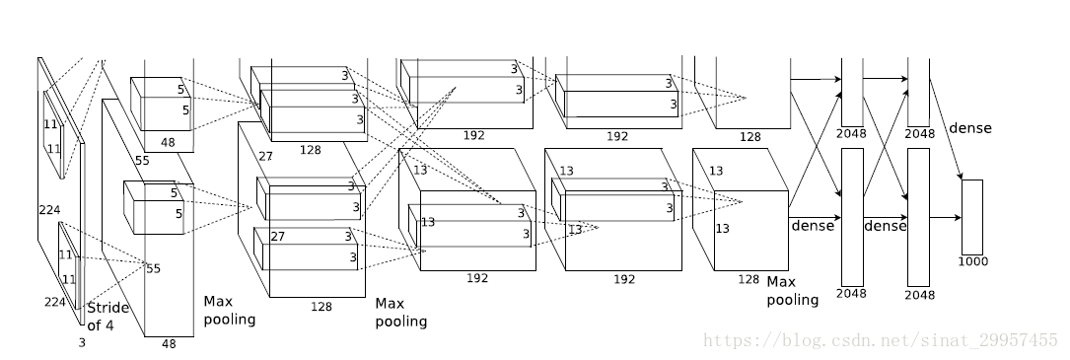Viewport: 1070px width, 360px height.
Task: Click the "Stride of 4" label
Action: coord(107,317)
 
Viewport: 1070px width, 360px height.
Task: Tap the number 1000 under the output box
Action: coord(973,261)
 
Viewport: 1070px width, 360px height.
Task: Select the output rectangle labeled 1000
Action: coord(972,217)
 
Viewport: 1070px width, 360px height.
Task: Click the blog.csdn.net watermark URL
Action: coord(881,340)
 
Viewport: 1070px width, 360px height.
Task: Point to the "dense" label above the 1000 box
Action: coord(969,128)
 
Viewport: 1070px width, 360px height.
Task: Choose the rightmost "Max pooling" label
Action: coord(792,290)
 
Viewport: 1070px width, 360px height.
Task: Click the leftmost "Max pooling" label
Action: coord(229,310)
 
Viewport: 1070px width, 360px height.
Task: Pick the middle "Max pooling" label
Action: coord(401,313)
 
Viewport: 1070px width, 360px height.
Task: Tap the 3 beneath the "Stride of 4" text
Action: coord(82,343)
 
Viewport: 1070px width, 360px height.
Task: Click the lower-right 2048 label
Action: coord(919,295)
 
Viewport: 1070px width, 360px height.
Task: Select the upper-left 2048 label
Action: coord(851,134)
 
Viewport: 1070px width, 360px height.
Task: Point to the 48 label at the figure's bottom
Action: coord(169,344)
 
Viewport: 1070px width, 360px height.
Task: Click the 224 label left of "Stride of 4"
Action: coord(55,302)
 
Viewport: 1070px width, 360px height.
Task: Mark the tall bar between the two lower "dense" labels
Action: coord(852,217)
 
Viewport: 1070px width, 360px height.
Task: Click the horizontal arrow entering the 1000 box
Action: coord(945,218)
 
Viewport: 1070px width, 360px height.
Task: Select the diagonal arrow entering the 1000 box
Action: coord(947,129)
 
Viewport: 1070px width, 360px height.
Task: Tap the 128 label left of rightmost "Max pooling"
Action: coord(749,279)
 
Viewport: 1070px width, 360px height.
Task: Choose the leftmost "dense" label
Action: coord(813,226)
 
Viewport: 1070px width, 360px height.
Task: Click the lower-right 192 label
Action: coord(623,279)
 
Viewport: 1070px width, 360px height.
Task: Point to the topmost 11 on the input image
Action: coord(50,124)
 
